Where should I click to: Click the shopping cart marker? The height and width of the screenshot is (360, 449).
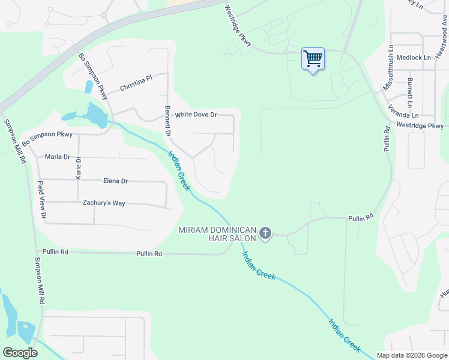[x=313, y=59]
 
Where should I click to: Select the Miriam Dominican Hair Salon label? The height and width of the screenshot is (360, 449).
[x=218, y=234]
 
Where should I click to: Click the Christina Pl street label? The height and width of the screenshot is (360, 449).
[x=136, y=83]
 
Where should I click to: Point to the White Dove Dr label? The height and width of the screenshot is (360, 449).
[x=195, y=115]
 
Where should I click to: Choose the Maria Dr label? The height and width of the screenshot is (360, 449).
[x=58, y=157]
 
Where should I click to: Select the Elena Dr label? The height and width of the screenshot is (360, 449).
[x=115, y=181]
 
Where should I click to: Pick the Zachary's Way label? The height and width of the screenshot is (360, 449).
[x=104, y=203]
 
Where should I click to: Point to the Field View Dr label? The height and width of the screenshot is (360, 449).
[x=42, y=200]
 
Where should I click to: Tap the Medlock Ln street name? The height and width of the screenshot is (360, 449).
[x=414, y=58]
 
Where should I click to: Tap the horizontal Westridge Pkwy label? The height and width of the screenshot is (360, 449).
[x=420, y=125]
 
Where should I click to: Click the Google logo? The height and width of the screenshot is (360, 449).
[x=20, y=352]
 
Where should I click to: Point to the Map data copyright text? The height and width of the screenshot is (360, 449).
[x=411, y=355]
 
